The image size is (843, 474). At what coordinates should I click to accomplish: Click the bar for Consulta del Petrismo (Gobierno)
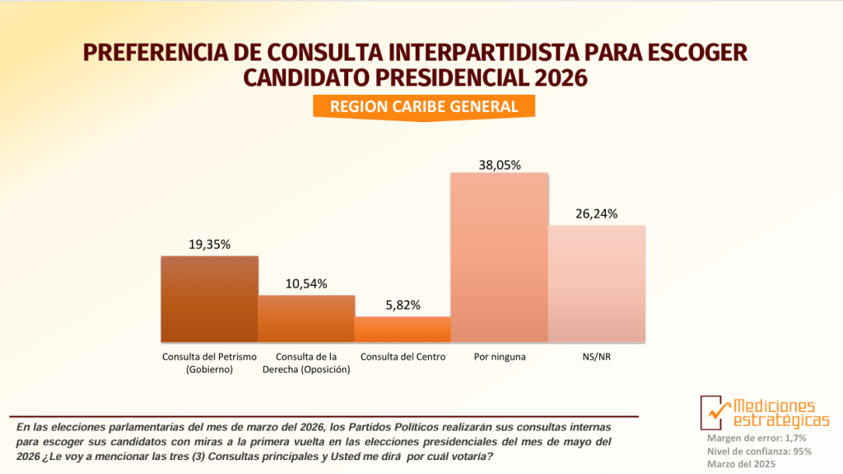(209, 299)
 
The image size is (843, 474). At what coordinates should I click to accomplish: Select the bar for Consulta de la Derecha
(306, 319)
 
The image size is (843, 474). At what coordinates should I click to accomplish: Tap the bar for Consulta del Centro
(403, 330)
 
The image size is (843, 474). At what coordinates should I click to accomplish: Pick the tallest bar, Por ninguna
(499, 257)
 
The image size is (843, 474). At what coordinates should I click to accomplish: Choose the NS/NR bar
(597, 284)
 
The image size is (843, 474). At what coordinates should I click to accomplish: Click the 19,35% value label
(209, 245)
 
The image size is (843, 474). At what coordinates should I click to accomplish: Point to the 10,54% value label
(306, 284)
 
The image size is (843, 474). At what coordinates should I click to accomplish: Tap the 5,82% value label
(403, 305)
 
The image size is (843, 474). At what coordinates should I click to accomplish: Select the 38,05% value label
(500, 164)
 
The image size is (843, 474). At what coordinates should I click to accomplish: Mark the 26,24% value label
(597, 214)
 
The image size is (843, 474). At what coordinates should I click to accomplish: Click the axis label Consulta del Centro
(403, 357)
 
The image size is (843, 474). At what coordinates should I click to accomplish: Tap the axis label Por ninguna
(500, 357)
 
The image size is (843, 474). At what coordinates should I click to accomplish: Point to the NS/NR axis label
(597, 357)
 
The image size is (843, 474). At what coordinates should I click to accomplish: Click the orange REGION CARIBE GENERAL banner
(424, 106)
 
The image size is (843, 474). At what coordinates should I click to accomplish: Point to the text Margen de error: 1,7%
(757, 438)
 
